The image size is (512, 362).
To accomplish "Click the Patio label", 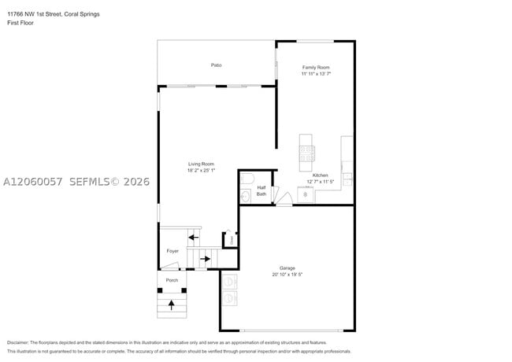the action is (216, 65).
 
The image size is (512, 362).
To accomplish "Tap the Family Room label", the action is (316, 67).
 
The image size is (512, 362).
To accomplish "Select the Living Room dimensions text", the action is (201, 170).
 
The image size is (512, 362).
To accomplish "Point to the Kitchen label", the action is (320, 175).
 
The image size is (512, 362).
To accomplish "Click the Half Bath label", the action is (262, 190).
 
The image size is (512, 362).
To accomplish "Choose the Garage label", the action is (288, 268).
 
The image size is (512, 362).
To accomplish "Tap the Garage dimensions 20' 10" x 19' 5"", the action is (288, 275).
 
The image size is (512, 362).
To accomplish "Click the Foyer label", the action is (173, 251).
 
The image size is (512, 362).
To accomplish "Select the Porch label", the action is (172, 280).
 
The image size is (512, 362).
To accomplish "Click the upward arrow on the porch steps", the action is (172, 305).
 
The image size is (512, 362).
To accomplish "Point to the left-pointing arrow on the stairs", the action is (194, 238).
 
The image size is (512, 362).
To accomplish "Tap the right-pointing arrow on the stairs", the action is (205, 259).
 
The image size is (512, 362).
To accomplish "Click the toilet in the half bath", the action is (247, 179).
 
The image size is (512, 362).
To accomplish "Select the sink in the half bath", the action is (245, 196).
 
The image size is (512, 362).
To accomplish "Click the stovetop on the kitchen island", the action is (307, 153).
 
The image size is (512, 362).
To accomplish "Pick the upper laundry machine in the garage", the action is (229, 282).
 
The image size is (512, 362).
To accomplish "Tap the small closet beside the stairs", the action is (231, 240).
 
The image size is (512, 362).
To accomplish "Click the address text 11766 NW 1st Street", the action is (35, 14).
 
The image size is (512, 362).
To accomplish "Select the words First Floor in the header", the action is (20, 23).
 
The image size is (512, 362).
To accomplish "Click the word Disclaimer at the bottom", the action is (18, 342).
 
